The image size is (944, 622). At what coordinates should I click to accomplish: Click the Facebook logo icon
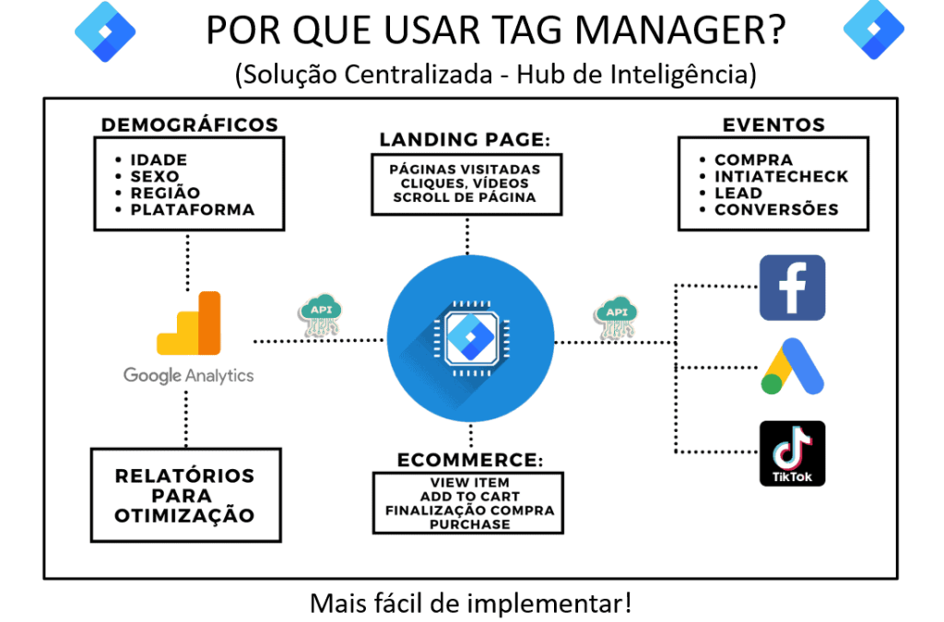click(791, 287)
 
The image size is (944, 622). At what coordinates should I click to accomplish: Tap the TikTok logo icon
click(791, 452)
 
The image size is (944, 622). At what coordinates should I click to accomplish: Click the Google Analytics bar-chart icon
click(190, 323)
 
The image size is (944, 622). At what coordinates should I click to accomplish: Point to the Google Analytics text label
click(189, 375)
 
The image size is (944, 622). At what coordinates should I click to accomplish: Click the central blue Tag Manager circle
click(470, 340)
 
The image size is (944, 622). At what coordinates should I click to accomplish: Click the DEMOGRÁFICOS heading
click(189, 125)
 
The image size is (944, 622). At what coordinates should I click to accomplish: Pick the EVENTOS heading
click(773, 125)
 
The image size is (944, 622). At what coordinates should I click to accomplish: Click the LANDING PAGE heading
click(465, 140)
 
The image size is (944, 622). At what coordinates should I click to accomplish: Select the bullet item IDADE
click(159, 160)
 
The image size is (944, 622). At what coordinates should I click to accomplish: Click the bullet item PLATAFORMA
click(193, 209)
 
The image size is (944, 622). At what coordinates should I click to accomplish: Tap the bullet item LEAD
click(738, 193)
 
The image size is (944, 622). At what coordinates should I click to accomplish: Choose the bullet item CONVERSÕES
click(776, 209)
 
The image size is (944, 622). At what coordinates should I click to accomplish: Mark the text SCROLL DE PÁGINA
click(465, 197)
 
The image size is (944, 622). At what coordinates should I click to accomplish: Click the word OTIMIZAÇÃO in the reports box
click(184, 516)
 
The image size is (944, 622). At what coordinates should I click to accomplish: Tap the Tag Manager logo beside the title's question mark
click(873, 29)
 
